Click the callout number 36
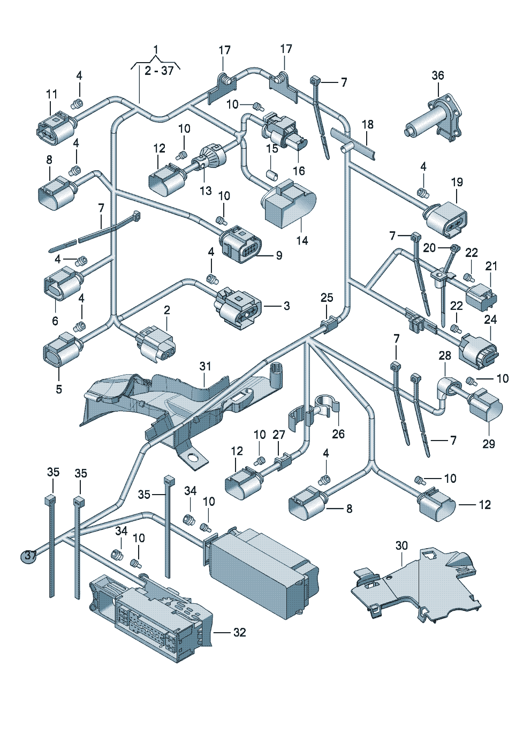click(x=438, y=75)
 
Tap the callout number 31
click(x=205, y=366)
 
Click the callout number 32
click(x=239, y=632)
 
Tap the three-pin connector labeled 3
click(x=239, y=308)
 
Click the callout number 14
click(x=302, y=241)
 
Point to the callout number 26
click(x=338, y=434)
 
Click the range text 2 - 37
click(x=159, y=71)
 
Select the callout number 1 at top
click(x=156, y=50)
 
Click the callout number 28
click(x=445, y=355)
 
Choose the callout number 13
click(x=206, y=191)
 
